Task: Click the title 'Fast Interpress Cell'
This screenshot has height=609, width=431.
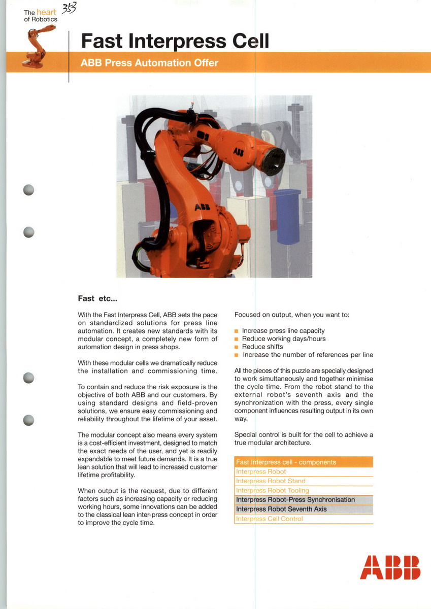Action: point(175,40)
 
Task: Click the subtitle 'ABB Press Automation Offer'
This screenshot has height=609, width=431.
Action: point(150,63)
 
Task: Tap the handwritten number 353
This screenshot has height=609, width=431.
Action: point(68,9)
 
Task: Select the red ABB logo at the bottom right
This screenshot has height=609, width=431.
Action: point(390,567)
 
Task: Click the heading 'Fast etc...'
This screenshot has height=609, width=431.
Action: point(97,298)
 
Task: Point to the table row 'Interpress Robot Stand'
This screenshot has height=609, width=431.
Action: point(271,481)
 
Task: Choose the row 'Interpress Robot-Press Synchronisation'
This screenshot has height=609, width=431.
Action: point(295,500)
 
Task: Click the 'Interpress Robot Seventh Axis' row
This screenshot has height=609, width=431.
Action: point(281,509)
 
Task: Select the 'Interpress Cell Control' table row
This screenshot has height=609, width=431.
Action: point(269,519)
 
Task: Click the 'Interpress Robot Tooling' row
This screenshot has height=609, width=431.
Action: point(272,490)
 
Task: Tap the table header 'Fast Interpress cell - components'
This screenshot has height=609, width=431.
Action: point(286,462)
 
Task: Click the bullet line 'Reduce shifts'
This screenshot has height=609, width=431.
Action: point(262,347)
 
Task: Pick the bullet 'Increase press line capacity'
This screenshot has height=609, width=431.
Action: point(283,330)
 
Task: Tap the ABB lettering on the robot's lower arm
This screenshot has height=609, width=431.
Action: point(202,207)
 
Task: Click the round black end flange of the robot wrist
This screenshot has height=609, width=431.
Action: point(273,161)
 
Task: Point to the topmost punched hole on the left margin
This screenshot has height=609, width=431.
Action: point(29,190)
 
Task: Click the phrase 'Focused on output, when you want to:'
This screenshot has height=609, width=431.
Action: point(291,315)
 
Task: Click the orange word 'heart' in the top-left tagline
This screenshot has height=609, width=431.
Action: point(46,12)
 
